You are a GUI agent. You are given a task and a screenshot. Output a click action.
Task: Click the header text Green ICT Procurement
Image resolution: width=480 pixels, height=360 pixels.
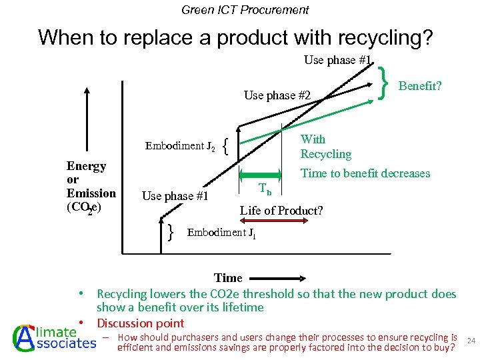coord(245,10)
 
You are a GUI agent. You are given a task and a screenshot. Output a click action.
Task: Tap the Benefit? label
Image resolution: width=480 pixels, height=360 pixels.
coord(420,86)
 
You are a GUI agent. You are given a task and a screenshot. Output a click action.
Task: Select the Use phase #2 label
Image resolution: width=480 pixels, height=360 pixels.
coord(277,95)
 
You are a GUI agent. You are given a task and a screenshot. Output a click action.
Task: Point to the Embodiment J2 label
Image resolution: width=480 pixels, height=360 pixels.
coord(180,146)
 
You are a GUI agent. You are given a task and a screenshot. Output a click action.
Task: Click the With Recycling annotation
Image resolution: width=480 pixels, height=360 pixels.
coord(325,147)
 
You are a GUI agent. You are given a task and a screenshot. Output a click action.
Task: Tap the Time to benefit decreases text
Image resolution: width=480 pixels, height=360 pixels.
coord(365,173)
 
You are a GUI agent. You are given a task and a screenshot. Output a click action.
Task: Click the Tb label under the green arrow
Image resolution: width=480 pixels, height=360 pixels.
coord(265,191)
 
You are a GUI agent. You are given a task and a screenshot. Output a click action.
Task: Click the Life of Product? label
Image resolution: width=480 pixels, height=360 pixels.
coord(281,211)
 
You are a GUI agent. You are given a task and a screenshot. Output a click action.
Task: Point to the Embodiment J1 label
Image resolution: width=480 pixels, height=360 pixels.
coord(221,233)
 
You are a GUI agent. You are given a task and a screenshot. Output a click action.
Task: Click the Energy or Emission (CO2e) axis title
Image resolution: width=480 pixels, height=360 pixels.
coord(91,187)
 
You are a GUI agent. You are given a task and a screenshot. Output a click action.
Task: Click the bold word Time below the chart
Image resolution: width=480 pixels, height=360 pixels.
coord(228,278)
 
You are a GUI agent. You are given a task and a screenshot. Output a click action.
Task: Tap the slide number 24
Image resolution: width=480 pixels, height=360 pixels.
coord(470,341)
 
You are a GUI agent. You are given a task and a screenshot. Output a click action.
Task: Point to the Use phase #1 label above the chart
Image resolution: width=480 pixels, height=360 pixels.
coord(337,60)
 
